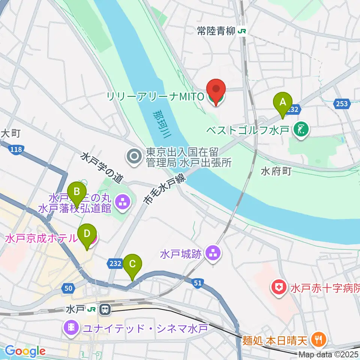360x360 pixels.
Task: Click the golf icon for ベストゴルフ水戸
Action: coord(301,130)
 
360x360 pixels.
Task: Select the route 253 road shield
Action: coord(342,103)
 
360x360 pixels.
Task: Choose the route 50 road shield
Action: coord(68,288)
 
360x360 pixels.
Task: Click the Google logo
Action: coord(25,351)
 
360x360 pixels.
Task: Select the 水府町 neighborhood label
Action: coord(276,171)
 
